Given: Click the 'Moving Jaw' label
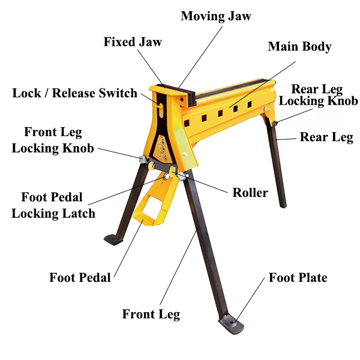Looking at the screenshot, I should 215,16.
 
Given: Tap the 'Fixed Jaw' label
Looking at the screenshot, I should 133,42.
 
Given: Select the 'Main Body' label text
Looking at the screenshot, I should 299,46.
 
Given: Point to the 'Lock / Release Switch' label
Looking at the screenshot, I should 75,93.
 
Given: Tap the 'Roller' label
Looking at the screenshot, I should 250,192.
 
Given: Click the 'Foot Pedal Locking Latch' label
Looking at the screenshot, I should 53,205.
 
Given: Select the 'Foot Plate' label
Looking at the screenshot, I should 298,277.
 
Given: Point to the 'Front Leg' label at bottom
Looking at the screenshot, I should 151,314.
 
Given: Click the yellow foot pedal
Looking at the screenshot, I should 151,208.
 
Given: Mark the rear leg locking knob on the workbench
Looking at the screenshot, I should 275,123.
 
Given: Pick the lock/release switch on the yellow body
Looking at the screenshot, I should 161,106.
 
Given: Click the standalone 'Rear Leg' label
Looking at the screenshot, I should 326,137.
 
